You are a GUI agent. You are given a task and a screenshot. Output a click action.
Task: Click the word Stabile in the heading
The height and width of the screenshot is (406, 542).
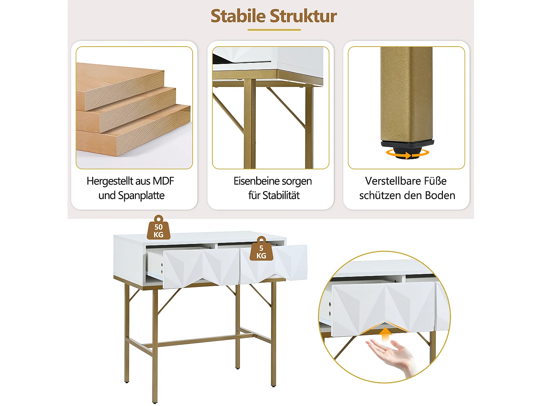click(x=238, y=16)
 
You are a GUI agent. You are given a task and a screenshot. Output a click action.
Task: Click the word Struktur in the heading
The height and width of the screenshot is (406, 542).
click(x=303, y=16)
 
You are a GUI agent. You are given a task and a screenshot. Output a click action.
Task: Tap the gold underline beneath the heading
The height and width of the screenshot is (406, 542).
click(x=274, y=30)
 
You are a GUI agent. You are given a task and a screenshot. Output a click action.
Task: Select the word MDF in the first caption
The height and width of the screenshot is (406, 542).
click(x=163, y=181)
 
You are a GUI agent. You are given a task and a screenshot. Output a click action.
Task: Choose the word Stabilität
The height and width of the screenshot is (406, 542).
click(x=281, y=196)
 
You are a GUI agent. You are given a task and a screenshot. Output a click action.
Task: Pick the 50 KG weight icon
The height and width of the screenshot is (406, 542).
click(x=158, y=228)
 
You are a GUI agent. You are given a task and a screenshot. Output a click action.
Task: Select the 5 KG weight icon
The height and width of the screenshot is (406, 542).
click(x=261, y=249)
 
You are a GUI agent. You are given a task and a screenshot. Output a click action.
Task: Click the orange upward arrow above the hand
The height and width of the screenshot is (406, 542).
click(x=386, y=334)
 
